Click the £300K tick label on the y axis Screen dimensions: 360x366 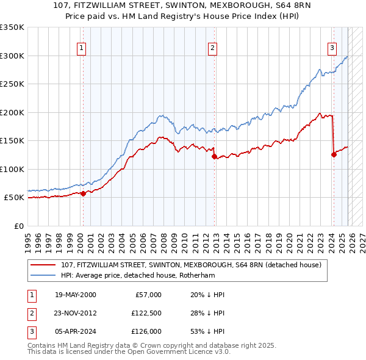coord(12,56)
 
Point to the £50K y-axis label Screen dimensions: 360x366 coord(14,198)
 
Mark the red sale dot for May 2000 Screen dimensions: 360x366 coord(83,193)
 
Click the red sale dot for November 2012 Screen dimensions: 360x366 coord(214,156)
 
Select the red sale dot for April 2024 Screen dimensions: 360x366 coord(334,154)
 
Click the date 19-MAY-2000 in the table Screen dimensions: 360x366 coord(76,295)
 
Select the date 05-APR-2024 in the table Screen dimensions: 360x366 coord(76,331)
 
